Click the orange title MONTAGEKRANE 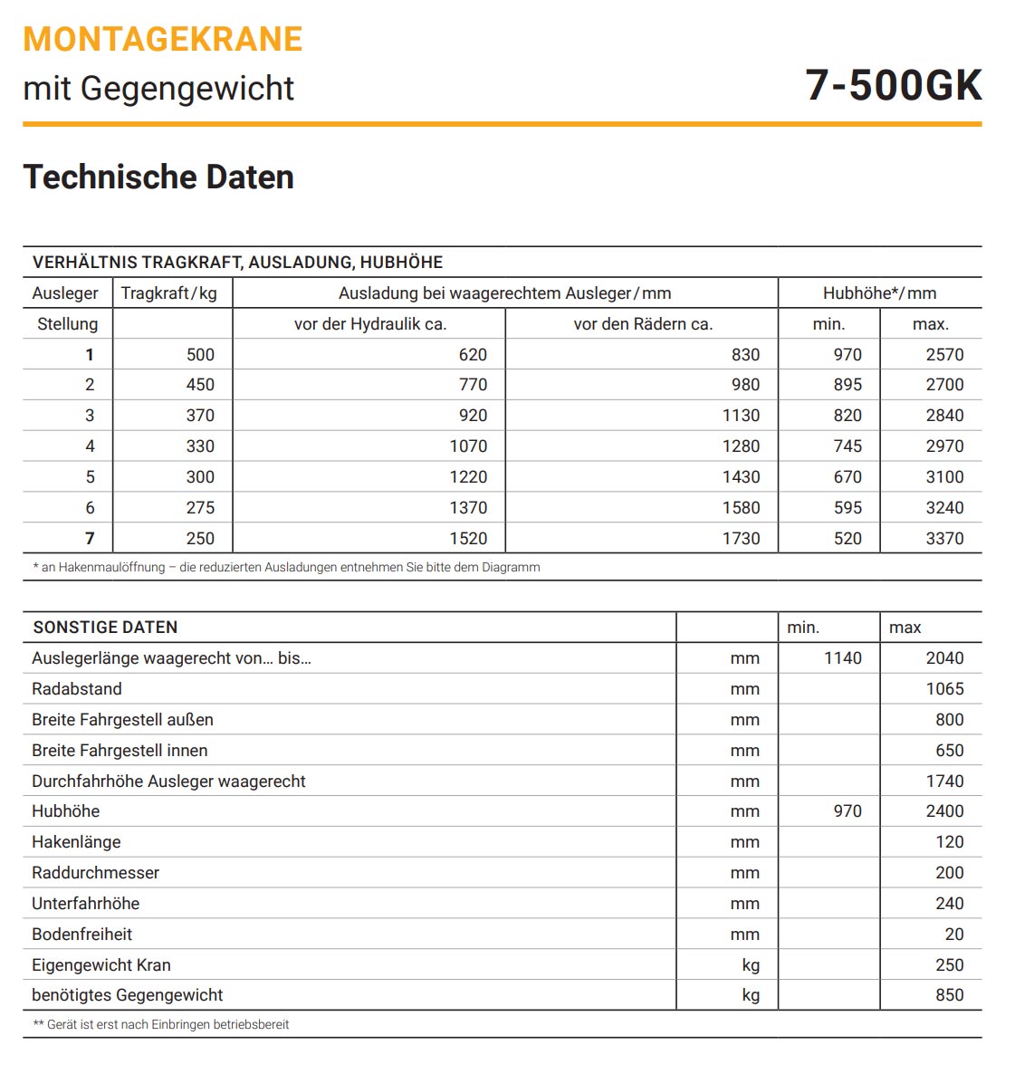(x=163, y=39)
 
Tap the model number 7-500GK (x=893, y=86)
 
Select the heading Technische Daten (x=158, y=177)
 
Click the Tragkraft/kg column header (x=169, y=293)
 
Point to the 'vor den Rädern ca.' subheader (x=643, y=324)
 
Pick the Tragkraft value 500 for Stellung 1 (x=200, y=355)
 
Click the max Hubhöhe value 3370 (x=944, y=539)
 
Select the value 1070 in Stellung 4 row (x=468, y=446)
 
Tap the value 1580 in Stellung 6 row (x=741, y=508)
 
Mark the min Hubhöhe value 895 (x=847, y=385)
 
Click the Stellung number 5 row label (x=90, y=477)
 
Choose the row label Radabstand (x=77, y=689)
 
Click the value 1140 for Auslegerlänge (x=842, y=658)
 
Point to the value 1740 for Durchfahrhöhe (x=944, y=782)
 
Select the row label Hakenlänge (x=76, y=842)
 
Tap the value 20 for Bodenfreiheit (x=954, y=935)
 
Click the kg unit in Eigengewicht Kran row (x=751, y=965)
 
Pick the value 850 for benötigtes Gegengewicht (x=949, y=995)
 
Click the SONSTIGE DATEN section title (x=105, y=628)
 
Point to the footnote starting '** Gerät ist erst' (x=161, y=1025)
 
